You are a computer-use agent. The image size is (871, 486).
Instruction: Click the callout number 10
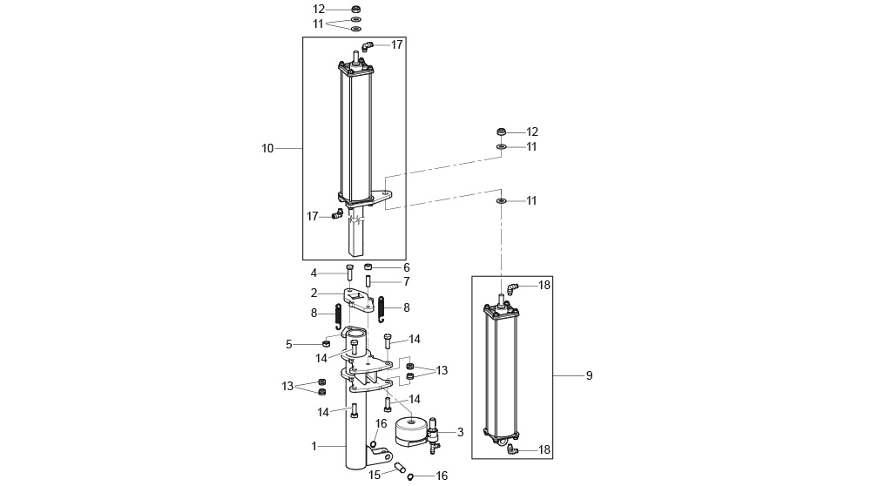(x=267, y=148)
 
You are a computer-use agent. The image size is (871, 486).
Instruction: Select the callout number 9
(x=589, y=375)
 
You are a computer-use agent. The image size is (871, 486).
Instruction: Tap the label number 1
(x=315, y=446)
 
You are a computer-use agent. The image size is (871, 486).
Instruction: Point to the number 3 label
(x=460, y=432)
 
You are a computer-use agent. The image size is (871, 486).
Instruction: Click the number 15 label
(x=375, y=475)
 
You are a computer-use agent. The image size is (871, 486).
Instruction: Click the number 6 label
(x=406, y=267)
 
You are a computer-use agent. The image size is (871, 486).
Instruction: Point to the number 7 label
(x=406, y=282)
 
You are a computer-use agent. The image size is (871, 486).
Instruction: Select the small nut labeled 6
(x=369, y=267)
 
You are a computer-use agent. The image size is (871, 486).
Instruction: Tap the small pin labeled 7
(x=368, y=282)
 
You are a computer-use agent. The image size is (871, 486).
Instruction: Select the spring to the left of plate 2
(x=338, y=314)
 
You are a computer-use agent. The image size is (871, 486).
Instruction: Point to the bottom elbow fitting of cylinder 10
(x=338, y=214)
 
